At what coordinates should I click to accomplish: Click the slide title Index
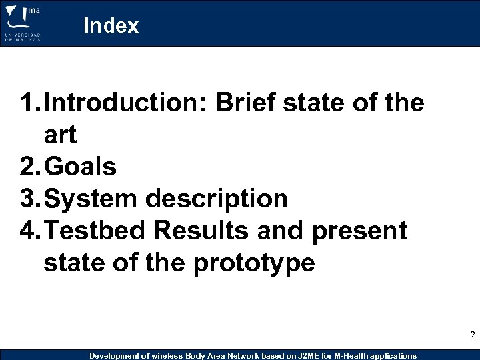pyautogui.click(x=111, y=25)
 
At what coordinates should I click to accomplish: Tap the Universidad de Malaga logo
pyautogui.click(x=23, y=23)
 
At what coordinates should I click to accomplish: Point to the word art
pyautogui.click(x=60, y=135)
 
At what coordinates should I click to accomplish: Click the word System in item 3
pyautogui.click(x=91, y=199)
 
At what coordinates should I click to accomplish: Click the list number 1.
pyautogui.click(x=28, y=103)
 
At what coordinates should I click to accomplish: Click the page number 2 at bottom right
pyautogui.click(x=473, y=335)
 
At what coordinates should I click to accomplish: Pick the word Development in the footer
pyautogui.click(x=112, y=356)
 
